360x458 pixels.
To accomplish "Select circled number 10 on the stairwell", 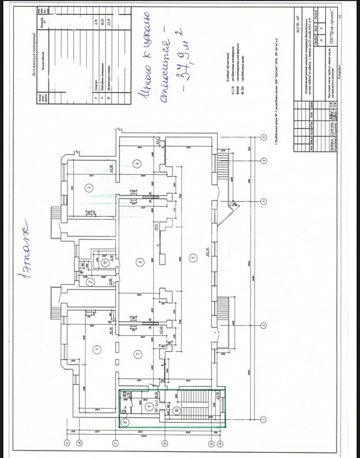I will [176, 411].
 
